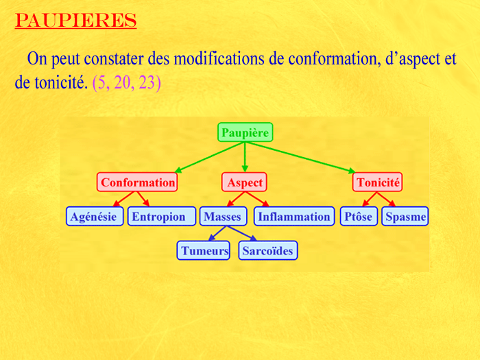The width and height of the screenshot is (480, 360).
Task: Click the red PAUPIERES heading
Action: [75, 21]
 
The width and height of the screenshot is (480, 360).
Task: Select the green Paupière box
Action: [245, 132]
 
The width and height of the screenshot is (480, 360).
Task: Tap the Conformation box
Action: [137, 182]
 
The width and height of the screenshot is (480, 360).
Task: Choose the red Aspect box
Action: [244, 182]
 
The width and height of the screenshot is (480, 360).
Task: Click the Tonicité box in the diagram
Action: [377, 182]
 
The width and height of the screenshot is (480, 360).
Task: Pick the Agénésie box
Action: [95, 217]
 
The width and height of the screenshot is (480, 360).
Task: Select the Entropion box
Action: [162, 217]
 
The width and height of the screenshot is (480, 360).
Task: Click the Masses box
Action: [223, 217]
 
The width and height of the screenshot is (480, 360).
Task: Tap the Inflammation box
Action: [294, 217]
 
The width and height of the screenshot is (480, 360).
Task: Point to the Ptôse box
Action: [359, 217]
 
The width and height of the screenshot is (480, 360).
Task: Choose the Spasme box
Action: [405, 217]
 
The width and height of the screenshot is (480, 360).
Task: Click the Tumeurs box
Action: [203, 250]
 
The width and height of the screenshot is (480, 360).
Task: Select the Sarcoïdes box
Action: [268, 250]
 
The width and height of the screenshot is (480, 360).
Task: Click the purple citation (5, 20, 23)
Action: [126, 82]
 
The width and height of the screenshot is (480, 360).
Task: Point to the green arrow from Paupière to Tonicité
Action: [300, 157]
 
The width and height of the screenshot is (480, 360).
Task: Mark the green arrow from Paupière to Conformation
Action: [210, 157]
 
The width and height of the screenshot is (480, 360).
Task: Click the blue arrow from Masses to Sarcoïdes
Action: [242, 233]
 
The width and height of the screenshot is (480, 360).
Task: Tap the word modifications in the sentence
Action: [219, 58]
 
